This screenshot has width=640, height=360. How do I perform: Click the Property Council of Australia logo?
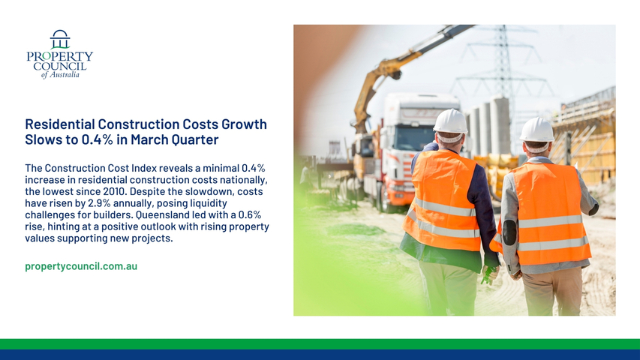click(59, 54)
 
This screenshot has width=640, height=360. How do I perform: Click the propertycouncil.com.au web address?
click(81, 266)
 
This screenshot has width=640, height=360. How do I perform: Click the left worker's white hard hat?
click(450, 121)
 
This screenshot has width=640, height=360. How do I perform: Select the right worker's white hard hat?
click(536, 130)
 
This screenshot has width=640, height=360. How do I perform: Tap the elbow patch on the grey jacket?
click(509, 232)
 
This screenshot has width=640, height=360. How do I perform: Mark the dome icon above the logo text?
click(60, 39)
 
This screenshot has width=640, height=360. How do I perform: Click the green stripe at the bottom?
click(320, 344)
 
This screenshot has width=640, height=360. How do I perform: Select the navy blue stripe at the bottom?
click(320, 355)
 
